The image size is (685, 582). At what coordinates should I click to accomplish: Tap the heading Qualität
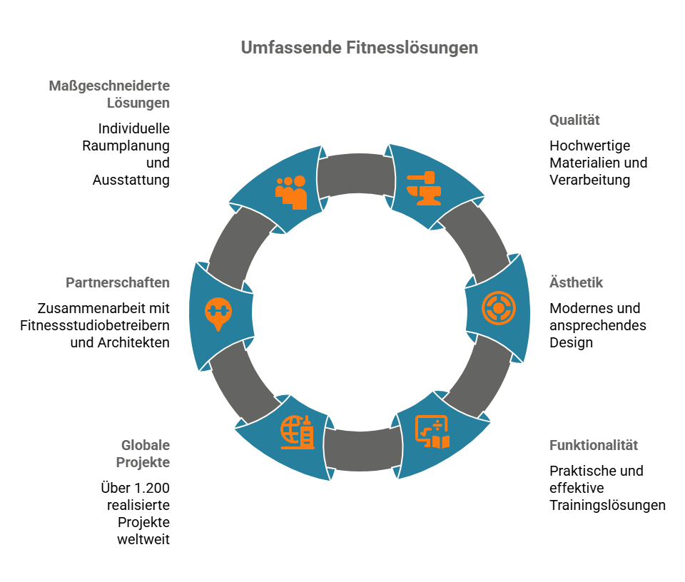[574, 120]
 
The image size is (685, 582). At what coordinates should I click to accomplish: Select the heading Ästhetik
[576, 282]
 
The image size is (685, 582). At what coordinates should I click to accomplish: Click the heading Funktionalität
[593, 445]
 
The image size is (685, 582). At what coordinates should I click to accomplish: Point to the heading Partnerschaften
[118, 282]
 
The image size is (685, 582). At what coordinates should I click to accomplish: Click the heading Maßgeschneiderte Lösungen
[109, 94]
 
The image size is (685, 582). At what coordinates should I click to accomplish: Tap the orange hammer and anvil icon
[423, 187]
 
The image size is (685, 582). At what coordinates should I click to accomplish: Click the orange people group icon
[291, 192]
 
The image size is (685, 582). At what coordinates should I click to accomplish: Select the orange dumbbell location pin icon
[218, 314]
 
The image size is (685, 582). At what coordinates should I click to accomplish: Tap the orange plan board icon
[432, 432]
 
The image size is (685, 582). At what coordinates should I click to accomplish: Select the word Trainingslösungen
[607, 505]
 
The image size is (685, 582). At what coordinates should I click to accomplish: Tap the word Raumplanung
[125, 145]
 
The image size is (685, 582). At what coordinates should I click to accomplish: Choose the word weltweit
[143, 539]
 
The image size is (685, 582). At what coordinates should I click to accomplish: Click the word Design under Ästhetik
[571, 342]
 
